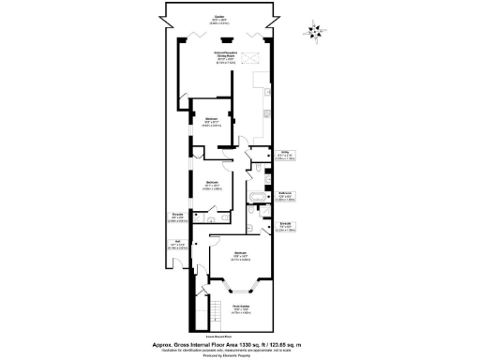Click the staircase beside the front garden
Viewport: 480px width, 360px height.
213,309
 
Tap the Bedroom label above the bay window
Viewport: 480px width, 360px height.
240,254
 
